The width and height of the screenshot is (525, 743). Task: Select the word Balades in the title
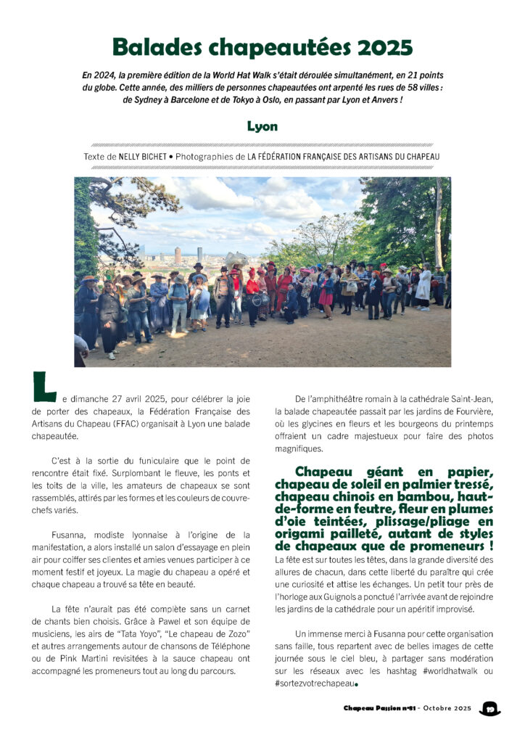click(159, 47)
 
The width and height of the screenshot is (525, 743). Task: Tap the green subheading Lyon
click(262, 126)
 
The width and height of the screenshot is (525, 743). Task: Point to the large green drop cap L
click(44, 387)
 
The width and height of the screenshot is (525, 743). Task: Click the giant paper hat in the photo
click(236, 259)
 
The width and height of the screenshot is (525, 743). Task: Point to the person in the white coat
click(423, 287)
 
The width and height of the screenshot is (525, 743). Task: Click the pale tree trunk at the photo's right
click(438, 218)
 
